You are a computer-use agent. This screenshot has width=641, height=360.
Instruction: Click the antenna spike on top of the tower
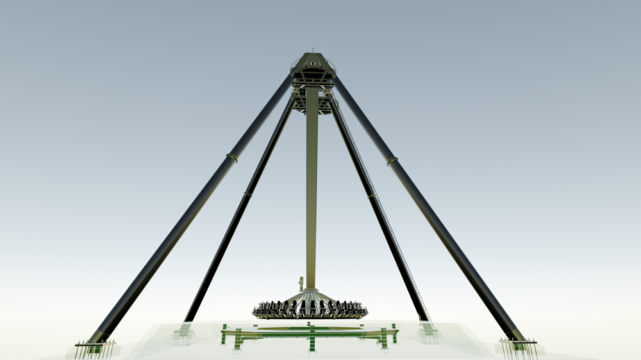[x=312, y=50]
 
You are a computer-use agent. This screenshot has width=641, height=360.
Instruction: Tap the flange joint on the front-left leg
[x=232, y=157]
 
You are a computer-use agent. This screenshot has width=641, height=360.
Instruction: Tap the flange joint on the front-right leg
[x=392, y=161]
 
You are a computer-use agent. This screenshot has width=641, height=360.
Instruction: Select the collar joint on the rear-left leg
[x=247, y=193]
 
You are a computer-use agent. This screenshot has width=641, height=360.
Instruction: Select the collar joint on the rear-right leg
[x=372, y=195]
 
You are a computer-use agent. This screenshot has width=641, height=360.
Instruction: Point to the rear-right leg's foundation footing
[x=428, y=331]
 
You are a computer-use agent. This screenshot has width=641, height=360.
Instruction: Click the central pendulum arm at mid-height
[x=312, y=192]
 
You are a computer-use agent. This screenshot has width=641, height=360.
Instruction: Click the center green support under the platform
[x=312, y=338]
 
